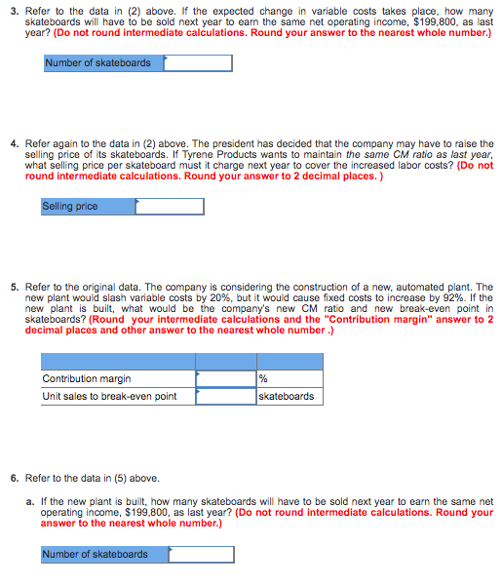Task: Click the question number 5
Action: tap(13, 288)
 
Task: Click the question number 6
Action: tap(13, 478)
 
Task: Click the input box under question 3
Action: tap(199, 63)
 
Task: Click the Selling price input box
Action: tap(170, 207)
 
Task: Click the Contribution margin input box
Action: tap(225, 378)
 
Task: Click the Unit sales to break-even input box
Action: tap(225, 396)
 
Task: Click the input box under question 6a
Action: tap(201, 555)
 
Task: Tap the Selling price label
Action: tap(70, 207)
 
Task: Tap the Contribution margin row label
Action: tap(87, 378)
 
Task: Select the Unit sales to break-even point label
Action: tap(109, 396)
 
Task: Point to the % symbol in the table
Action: tap(264, 378)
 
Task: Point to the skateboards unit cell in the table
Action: tap(287, 396)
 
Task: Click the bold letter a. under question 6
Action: tap(30, 501)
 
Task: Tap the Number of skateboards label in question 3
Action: tap(98, 63)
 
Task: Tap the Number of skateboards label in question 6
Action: tap(96, 555)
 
